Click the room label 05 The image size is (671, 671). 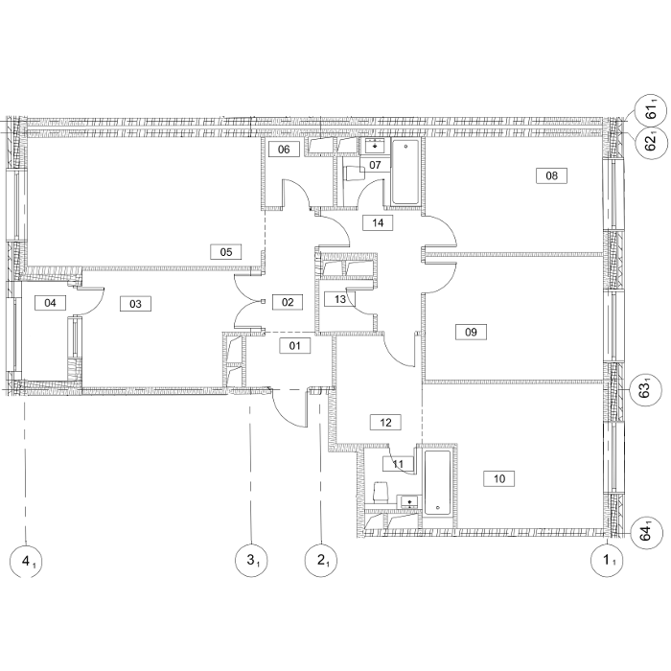pyautogui.click(x=226, y=251)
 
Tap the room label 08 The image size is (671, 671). pyautogui.click(x=551, y=175)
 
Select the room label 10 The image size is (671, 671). pyautogui.click(x=499, y=478)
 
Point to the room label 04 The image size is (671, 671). pyautogui.click(x=50, y=303)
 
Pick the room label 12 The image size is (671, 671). pyautogui.click(x=385, y=423)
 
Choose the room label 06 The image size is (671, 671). pyautogui.click(x=284, y=150)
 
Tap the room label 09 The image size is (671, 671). pyautogui.click(x=471, y=332)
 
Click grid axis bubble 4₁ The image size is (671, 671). pyautogui.click(x=26, y=561)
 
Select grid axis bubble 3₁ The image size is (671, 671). pyautogui.click(x=251, y=561)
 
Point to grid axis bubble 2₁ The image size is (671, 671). pyautogui.click(x=321, y=561)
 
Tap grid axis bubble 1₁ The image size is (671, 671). pyautogui.click(x=607, y=561)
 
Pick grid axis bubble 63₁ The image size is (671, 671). pyautogui.click(x=646, y=390)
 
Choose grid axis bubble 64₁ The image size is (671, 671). pyautogui.click(x=646, y=533)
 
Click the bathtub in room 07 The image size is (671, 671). pyautogui.click(x=405, y=172)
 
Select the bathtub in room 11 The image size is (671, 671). pyautogui.click(x=437, y=482)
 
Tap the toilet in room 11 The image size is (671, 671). pyautogui.click(x=381, y=493)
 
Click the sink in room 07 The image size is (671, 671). pyautogui.click(x=376, y=147)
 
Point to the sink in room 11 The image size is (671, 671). pyautogui.click(x=409, y=501)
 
